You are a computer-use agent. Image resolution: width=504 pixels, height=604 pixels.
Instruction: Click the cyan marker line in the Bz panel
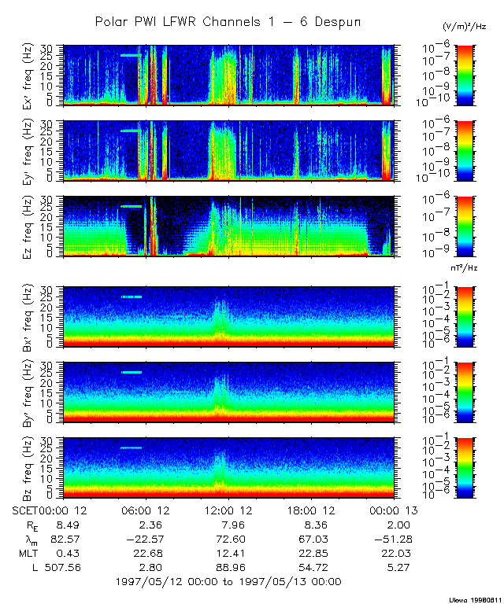132,447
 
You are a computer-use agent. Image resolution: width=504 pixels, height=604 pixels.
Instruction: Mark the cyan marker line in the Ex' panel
132,55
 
